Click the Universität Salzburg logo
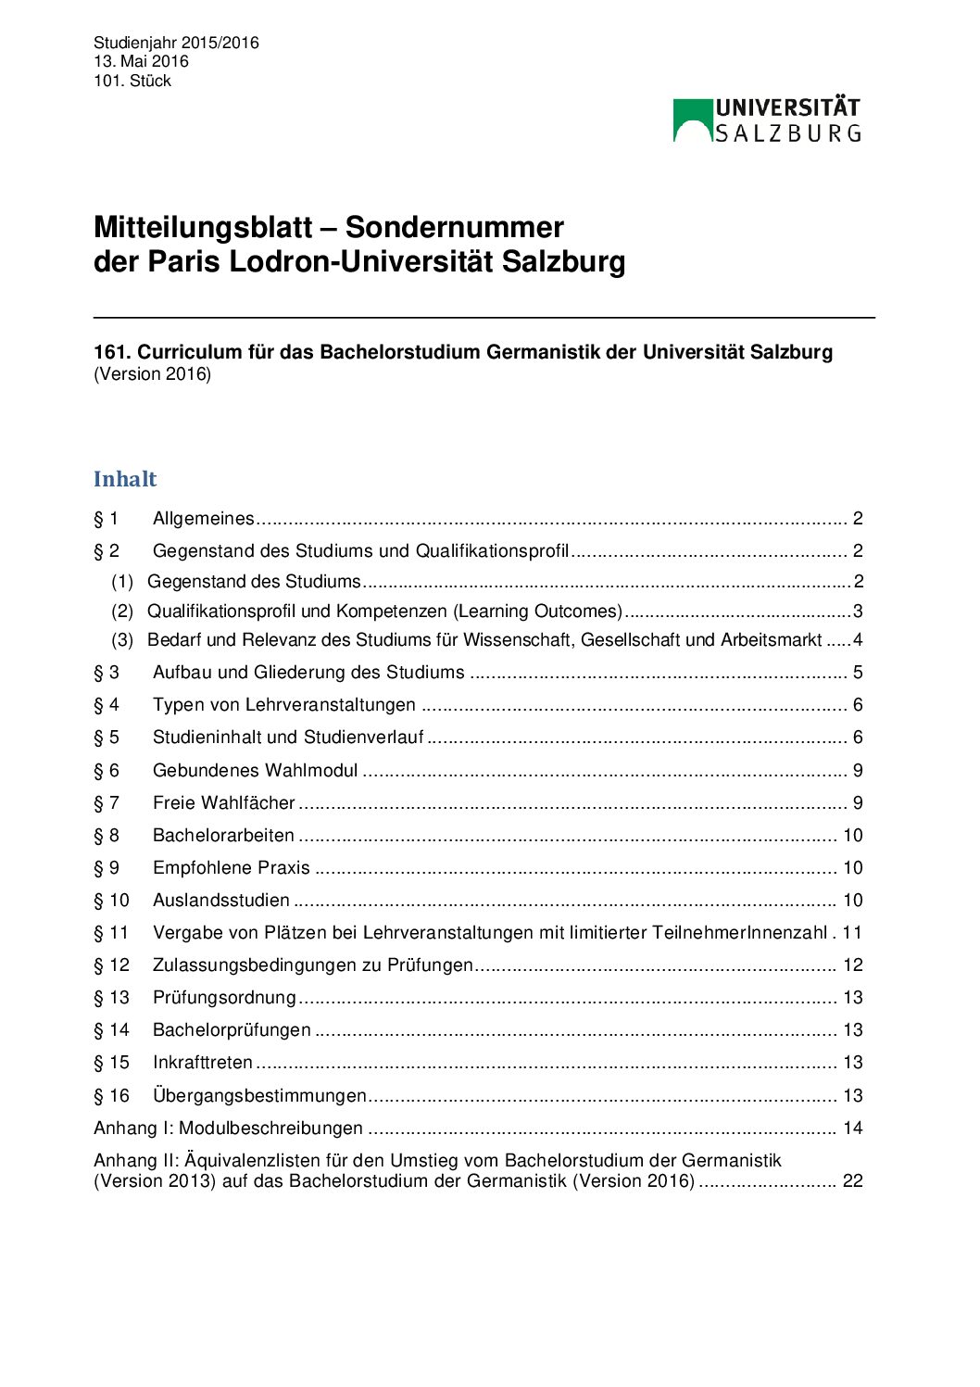click(767, 120)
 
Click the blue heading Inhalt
click(125, 479)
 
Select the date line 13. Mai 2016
click(141, 61)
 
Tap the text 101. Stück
click(132, 81)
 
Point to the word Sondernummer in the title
click(454, 228)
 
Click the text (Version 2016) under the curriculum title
click(152, 374)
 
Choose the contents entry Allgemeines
click(203, 519)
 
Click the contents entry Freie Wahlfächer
click(223, 803)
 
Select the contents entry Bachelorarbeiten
click(223, 836)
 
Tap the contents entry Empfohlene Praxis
click(231, 868)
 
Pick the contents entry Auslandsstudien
click(220, 901)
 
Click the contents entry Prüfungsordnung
click(224, 998)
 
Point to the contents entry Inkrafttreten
click(202, 1063)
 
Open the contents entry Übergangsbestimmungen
click(259, 1096)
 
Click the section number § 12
click(111, 965)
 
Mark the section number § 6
click(107, 771)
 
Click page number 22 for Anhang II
click(852, 1181)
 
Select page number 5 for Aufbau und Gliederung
click(858, 673)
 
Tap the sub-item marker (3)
click(122, 640)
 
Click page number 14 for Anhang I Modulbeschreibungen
click(852, 1129)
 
